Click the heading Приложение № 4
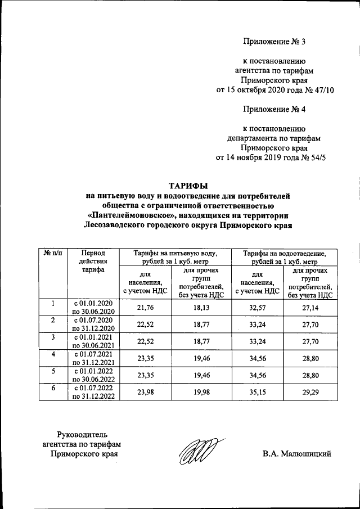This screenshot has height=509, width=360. (x=273, y=109)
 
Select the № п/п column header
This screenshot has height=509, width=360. (x=52, y=254)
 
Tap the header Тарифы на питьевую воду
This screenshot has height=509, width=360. (x=178, y=258)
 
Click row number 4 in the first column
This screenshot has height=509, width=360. (x=52, y=354)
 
